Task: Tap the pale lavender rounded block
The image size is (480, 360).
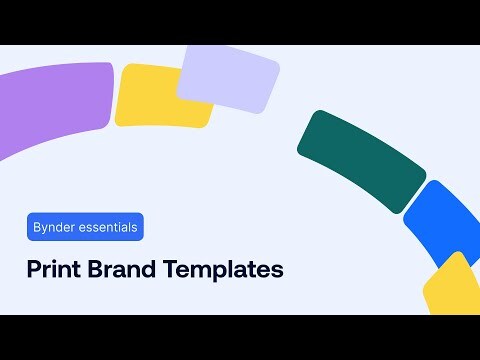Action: click(x=228, y=78)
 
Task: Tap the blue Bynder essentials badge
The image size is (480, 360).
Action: click(x=85, y=227)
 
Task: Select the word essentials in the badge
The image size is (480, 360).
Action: click(x=107, y=227)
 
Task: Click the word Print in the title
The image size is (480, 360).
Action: click(x=51, y=270)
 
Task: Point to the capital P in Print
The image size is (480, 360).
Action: click(x=32, y=270)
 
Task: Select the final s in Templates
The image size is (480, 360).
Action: click(x=279, y=272)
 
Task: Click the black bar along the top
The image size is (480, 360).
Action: click(x=240, y=22)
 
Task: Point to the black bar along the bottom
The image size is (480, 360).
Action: click(x=240, y=337)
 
